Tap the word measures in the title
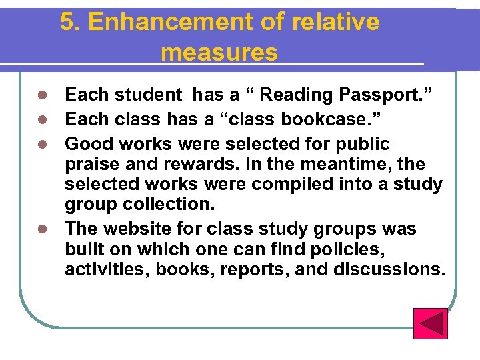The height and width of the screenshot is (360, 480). click(x=219, y=52)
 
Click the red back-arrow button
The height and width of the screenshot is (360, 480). click(x=430, y=323)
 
